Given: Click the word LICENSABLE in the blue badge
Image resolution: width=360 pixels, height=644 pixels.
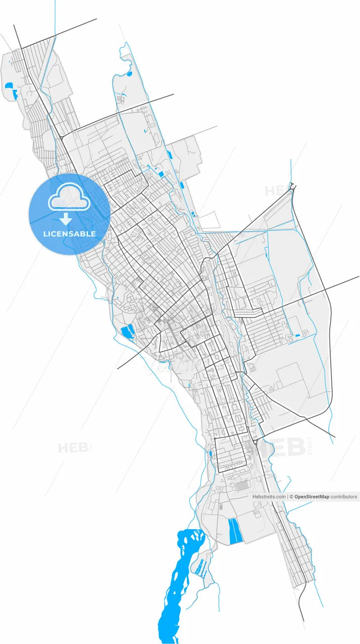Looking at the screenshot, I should tap(69, 234).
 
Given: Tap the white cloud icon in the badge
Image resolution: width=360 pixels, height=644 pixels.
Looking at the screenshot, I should tap(69, 199).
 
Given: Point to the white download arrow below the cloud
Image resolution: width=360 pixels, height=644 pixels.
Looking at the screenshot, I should tap(65, 219).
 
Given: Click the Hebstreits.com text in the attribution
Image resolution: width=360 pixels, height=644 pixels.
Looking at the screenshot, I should tap(269, 497).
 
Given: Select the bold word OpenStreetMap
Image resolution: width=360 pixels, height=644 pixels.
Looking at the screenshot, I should tap(312, 497).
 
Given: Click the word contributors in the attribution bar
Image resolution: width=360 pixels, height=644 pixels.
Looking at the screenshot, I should tap(344, 497).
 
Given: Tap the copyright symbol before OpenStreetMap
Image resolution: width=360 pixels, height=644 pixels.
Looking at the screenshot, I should tap(291, 497).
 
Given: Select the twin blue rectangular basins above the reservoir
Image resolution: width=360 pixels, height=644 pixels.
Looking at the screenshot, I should tap(235, 531).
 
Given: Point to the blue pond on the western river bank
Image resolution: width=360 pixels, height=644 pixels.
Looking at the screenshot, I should tap(127, 331).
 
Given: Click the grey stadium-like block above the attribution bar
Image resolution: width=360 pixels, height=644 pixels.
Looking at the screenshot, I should tap(242, 486).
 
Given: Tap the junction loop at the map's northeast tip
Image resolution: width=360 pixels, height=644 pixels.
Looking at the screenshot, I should tap(292, 188).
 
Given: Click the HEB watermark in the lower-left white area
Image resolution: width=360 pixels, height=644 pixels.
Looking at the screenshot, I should tap(74, 447).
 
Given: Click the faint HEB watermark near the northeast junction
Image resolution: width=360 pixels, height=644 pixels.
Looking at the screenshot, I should tap(276, 191).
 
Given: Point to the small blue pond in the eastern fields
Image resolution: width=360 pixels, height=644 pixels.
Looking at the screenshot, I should tap(297, 335).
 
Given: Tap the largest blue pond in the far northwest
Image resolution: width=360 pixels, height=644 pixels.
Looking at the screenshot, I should tap(10, 86).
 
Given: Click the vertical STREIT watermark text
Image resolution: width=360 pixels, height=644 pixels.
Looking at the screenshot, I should tap(310, 446).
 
